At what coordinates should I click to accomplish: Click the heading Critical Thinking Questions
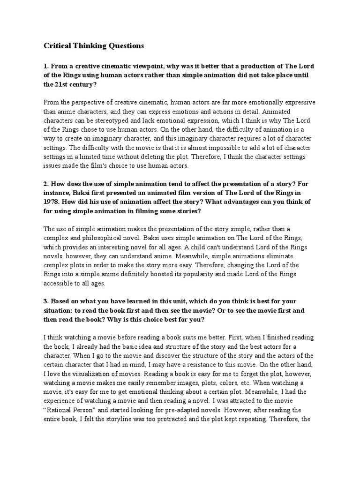coord(94,46)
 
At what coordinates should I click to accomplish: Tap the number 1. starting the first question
coord(46,67)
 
